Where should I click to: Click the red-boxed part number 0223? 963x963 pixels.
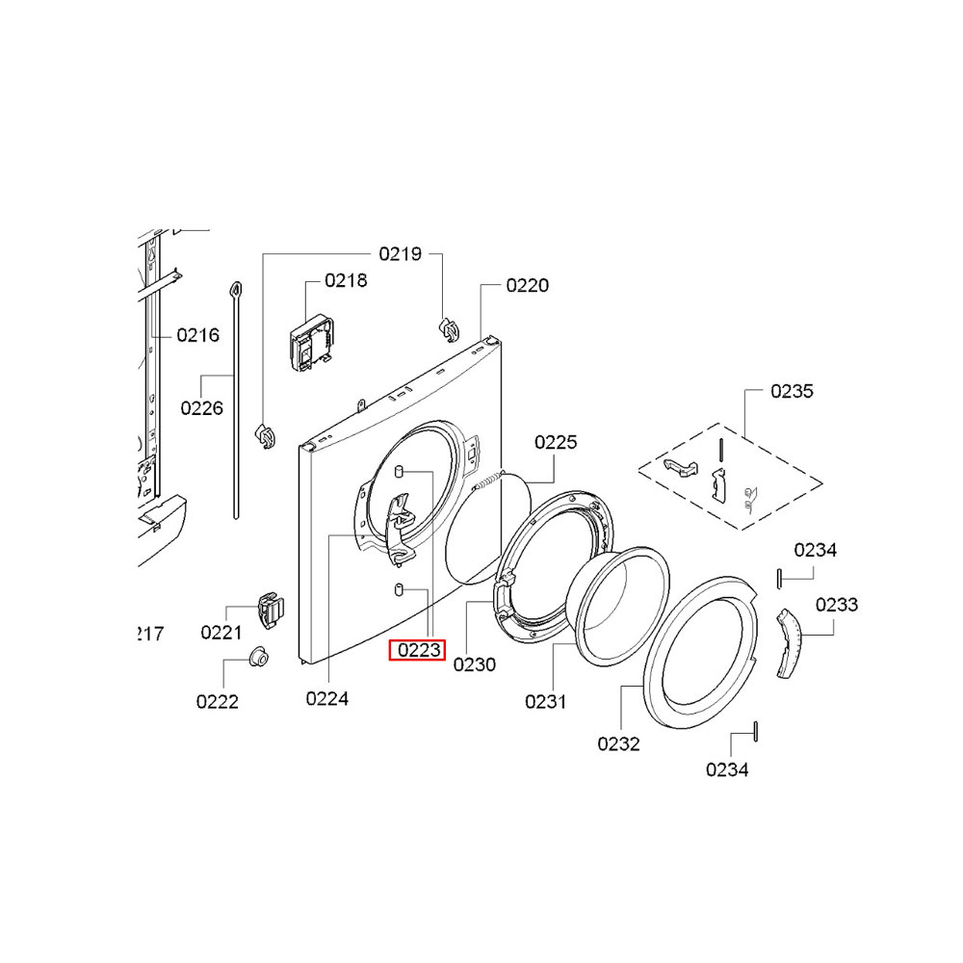419,650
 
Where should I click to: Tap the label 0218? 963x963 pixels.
346,280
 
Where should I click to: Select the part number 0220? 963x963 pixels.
528,286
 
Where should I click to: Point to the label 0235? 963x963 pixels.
792,391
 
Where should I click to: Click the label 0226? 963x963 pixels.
201,407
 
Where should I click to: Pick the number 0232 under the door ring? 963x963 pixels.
618,743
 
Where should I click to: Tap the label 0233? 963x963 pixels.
837,605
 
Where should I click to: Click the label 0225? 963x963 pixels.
556,442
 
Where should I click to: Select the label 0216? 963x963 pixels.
197,335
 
